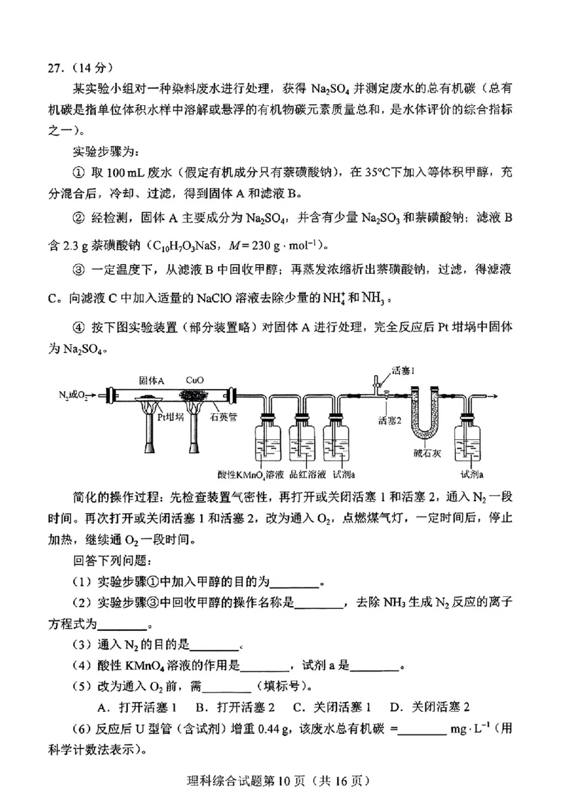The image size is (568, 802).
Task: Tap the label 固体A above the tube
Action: (x=151, y=380)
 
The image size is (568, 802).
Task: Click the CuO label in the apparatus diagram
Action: (x=195, y=380)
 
